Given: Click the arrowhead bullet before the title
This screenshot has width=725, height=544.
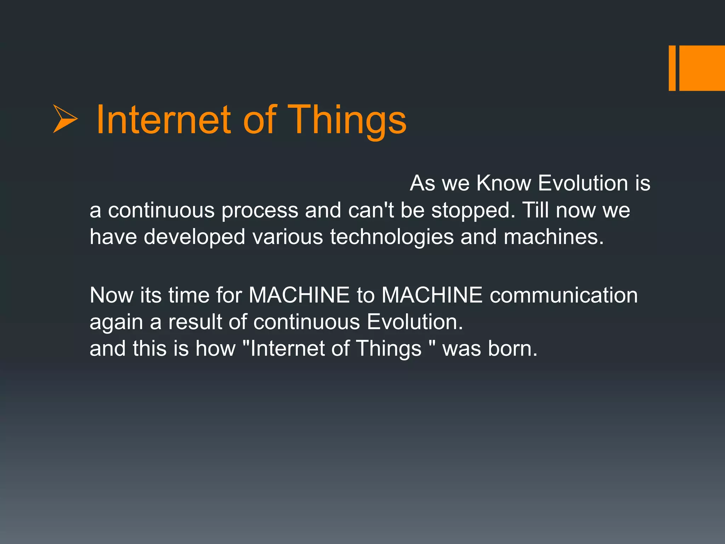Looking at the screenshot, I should pos(65,119).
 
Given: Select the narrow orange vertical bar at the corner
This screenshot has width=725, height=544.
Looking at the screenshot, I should pos(672,68).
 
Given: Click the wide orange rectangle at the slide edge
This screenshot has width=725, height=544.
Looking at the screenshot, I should pos(702,68).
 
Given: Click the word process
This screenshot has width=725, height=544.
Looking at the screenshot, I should pos(259,210).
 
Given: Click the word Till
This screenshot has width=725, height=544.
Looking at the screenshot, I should pos(535,210).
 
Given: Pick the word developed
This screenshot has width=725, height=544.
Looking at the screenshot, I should pos(194,237).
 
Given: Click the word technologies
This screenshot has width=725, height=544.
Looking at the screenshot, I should pos(392,237).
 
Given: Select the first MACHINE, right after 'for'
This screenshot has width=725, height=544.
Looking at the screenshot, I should pos(299,295).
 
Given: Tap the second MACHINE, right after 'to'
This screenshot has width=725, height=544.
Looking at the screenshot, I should pos(432,295).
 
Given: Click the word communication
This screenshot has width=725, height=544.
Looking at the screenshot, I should pos(564,295).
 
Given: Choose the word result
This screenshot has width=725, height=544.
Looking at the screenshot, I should pos(195,322).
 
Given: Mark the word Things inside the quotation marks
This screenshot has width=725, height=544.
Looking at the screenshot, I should pos(388,348).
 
